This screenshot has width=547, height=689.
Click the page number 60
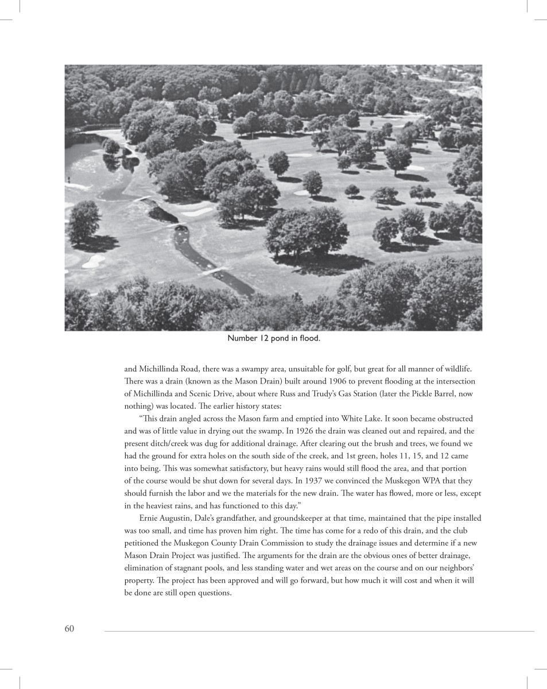(69, 629)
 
